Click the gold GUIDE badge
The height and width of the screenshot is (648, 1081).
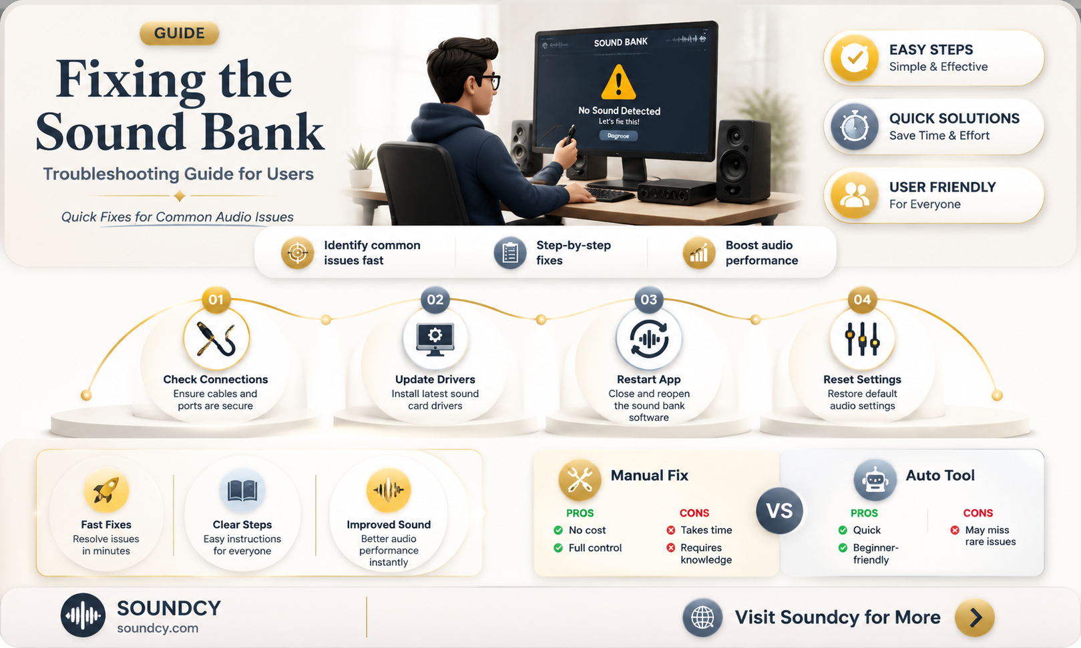pyautogui.click(x=179, y=33)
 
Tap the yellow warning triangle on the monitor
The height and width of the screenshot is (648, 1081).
pyautogui.click(x=618, y=83)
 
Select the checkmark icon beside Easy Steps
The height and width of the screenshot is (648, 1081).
pyautogui.click(x=854, y=58)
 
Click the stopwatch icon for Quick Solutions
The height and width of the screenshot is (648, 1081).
pyautogui.click(x=854, y=127)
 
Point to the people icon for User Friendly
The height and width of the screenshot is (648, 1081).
pyautogui.click(x=854, y=196)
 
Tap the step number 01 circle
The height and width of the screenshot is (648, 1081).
pyautogui.click(x=216, y=300)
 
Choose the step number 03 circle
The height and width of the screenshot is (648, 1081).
pyautogui.click(x=648, y=300)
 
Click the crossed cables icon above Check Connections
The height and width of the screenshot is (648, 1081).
pyautogui.click(x=216, y=339)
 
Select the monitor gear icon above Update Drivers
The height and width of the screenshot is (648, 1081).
pyautogui.click(x=435, y=339)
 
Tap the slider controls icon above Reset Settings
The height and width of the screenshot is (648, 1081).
pyautogui.click(x=863, y=339)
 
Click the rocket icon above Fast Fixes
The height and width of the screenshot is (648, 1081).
pyautogui.click(x=106, y=491)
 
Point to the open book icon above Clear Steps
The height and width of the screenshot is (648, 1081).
pyautogui.click(x=242, y=491)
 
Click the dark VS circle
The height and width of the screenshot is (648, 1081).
pyautogui.click(x=779, y=511)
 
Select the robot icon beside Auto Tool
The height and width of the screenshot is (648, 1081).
pyautogui.click(x=875, y=480)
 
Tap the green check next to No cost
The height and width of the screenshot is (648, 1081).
pyautogui.click(x=558, y=531)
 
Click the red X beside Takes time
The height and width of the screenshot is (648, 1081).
pyautogui.click(x=671, y=531)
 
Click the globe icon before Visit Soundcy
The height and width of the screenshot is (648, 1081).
pyautogui.click(x=702, y=617)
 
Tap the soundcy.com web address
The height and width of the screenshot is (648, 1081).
pyautogui.click(x=158, y=628)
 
